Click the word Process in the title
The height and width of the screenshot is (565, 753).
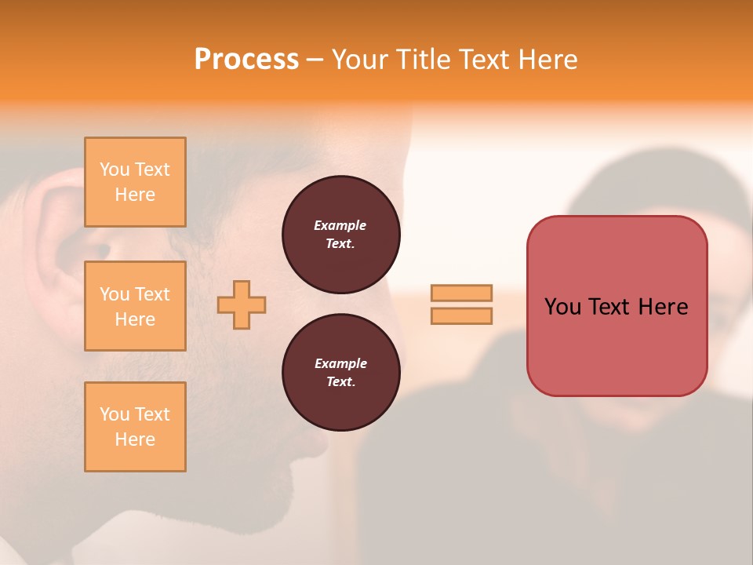click(246, 60)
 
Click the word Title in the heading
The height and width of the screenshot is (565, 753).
click(422, 60)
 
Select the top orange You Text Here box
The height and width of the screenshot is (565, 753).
click(135, 182)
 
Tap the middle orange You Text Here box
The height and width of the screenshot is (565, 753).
click(135, 306)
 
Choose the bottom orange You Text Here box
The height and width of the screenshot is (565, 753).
click(135, 427)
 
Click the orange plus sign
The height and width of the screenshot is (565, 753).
click(242, 304)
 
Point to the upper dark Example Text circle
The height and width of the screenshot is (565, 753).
click(341, 235)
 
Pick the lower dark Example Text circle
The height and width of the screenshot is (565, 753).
click(341, 373)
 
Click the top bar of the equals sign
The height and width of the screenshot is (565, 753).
click(461, 293)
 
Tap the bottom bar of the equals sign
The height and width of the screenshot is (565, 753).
click(461, 315)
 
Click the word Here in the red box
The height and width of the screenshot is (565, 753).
click(663, 307)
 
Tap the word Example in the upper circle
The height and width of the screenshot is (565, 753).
click(340, 225)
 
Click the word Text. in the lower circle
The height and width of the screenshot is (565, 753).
click(340, 381)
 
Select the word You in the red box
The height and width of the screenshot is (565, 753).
click(562, 307)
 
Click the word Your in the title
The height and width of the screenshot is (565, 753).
click(360, 60)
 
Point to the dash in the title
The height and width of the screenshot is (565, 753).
click(315, 60)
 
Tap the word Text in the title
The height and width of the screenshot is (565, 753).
click(483, 60)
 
